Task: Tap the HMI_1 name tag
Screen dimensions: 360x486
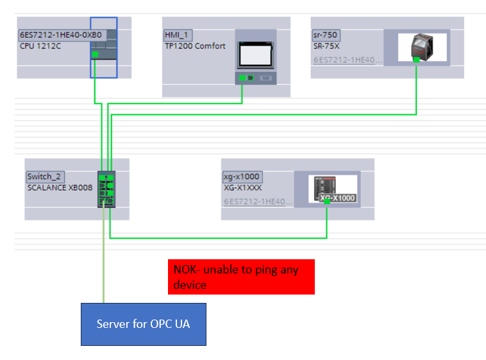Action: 178,35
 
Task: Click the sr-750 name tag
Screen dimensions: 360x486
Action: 326,35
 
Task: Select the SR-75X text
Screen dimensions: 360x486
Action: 327,46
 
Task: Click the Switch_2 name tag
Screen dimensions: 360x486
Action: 46,176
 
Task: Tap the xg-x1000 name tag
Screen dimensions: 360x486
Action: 242,176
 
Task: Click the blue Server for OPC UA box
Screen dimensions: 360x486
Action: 143,323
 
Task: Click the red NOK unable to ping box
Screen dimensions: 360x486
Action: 241,277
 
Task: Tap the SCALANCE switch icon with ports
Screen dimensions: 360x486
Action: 106,189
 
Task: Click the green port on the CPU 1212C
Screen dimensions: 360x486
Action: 95,55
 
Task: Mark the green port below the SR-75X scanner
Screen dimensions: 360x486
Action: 417,60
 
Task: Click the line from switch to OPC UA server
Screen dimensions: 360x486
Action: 103,257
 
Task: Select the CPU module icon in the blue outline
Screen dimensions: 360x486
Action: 103,46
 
